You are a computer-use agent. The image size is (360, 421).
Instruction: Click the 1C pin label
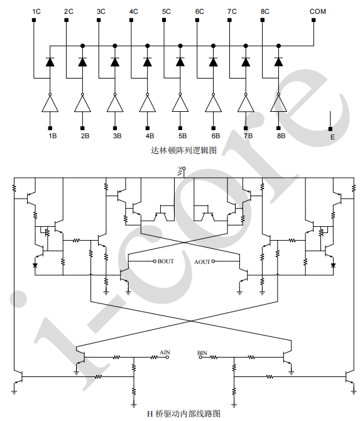pyautogui.click(x=36, y=11)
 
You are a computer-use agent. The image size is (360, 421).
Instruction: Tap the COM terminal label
pyautogui.click(x=317, y=11)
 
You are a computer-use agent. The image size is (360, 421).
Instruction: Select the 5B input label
pyautogui.click(x=182, y=136)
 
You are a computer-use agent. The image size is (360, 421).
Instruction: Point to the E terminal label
pyautogui.click(x=332, y=137)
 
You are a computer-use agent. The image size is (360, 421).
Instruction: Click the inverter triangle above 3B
pyautogui.click(x=115, y=104)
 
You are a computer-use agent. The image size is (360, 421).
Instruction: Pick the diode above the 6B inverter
pyautogui.click(x=213, y=62)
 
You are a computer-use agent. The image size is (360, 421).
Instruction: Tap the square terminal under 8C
pyautogui.click(x=263, y=20)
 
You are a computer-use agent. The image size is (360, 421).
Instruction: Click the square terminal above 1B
pyautogui.click(x=50, y=128)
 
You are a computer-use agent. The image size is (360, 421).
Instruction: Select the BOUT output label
pyautogui.click(x=166, y=261)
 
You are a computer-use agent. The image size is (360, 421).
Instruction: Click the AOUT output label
pyautogui.click(x=202, y=262)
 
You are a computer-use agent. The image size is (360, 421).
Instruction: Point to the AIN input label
pyautogui.click(x=165, y=353)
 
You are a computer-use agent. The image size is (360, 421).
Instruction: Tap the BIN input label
pyautogui.click(x=202, y=353)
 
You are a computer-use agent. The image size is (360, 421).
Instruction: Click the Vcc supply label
pyautogui.click(x=180, y=172)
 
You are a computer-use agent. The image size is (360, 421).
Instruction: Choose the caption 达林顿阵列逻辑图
pyautogui.click(x=183, y=150)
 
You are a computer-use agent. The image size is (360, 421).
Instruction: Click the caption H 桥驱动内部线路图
pyautogui.click(x=183, y=413)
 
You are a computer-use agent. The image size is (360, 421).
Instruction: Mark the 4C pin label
pyautogui.click(x=133, y=11)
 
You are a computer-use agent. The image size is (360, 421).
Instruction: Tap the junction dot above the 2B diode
pyautogui.click(x=82, y=46)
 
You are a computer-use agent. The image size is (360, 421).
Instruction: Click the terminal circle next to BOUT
pyautogui.click(x=155, y=261)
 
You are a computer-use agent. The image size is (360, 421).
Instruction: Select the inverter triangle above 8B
pyautogui.click(x=278, y=104)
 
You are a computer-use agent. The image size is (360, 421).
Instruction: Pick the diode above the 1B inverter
pyautogui.click(x=50, y=62)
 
